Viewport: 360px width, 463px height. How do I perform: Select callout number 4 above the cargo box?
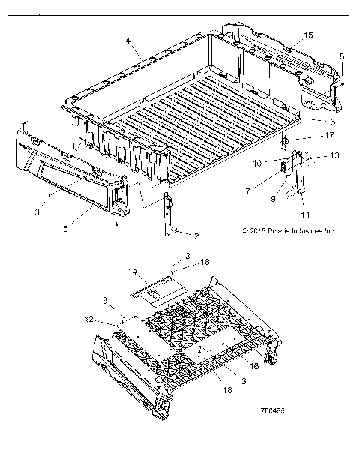point(128,40)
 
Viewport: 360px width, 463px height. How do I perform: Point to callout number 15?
point(309,36)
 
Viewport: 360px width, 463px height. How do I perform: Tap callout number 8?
point(342,56)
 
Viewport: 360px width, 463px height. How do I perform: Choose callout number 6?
point(331,121)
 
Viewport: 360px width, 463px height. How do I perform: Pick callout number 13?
point(334,155)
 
